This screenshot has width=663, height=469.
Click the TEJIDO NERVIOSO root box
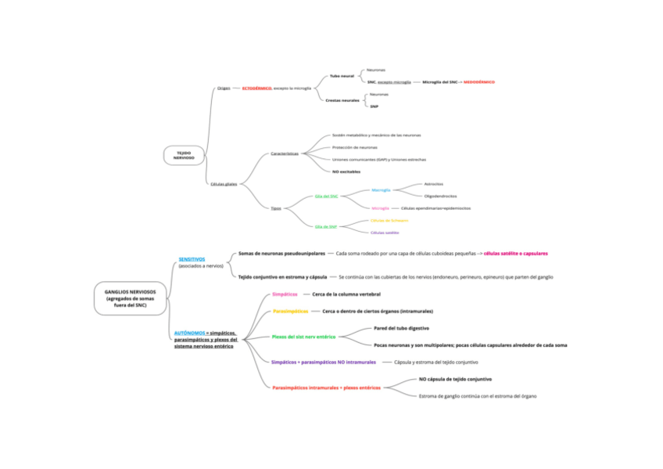click(184, 155)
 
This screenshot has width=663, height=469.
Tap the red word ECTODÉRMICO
click(256, 88)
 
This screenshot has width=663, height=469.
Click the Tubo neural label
click(342, 76)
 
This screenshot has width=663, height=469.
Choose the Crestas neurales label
click(342, 100)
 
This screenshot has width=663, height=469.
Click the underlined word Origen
click(224, 88)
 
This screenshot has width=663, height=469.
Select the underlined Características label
click(285, 153)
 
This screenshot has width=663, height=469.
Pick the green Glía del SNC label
click(326, 197)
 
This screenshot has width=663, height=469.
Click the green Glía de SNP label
click(325, 226)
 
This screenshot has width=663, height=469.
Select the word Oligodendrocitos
click(440, 196)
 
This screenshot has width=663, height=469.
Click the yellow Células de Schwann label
click(389, 220)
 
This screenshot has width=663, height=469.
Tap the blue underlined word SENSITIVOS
click(192, 259)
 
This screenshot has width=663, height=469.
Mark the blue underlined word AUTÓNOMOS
click(190, 333)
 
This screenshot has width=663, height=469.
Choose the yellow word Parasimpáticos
click(290, 312)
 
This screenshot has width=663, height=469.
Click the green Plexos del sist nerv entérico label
click(303, 337)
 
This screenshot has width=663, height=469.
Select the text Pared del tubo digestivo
click(401, 328)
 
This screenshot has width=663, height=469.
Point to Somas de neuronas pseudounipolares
click(282, 253)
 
